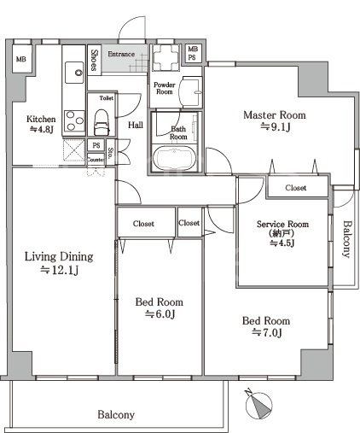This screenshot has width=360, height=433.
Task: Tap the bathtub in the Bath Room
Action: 174,158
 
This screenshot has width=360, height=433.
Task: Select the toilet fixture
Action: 102,122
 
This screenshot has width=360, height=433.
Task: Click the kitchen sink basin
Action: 74,73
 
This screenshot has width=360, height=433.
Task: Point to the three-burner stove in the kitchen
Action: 74,120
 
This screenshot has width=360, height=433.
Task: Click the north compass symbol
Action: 258,404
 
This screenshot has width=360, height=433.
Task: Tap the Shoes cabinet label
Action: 94,60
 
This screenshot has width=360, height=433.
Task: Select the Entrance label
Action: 121,54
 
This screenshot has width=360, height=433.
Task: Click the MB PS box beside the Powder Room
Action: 193,53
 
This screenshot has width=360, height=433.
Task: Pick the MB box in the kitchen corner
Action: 21,59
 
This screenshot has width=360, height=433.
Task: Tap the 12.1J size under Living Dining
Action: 59,270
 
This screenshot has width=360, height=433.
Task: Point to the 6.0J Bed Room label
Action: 160,308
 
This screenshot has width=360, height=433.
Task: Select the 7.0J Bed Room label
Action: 266,326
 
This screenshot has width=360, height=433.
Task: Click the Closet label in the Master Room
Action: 296,188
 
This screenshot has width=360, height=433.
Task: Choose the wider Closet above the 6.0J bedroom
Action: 143,224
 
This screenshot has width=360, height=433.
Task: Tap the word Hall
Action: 136,125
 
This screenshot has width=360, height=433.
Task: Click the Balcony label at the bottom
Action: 116,415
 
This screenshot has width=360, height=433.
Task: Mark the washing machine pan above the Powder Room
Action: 166,58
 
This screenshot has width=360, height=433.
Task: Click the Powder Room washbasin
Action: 190,91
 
